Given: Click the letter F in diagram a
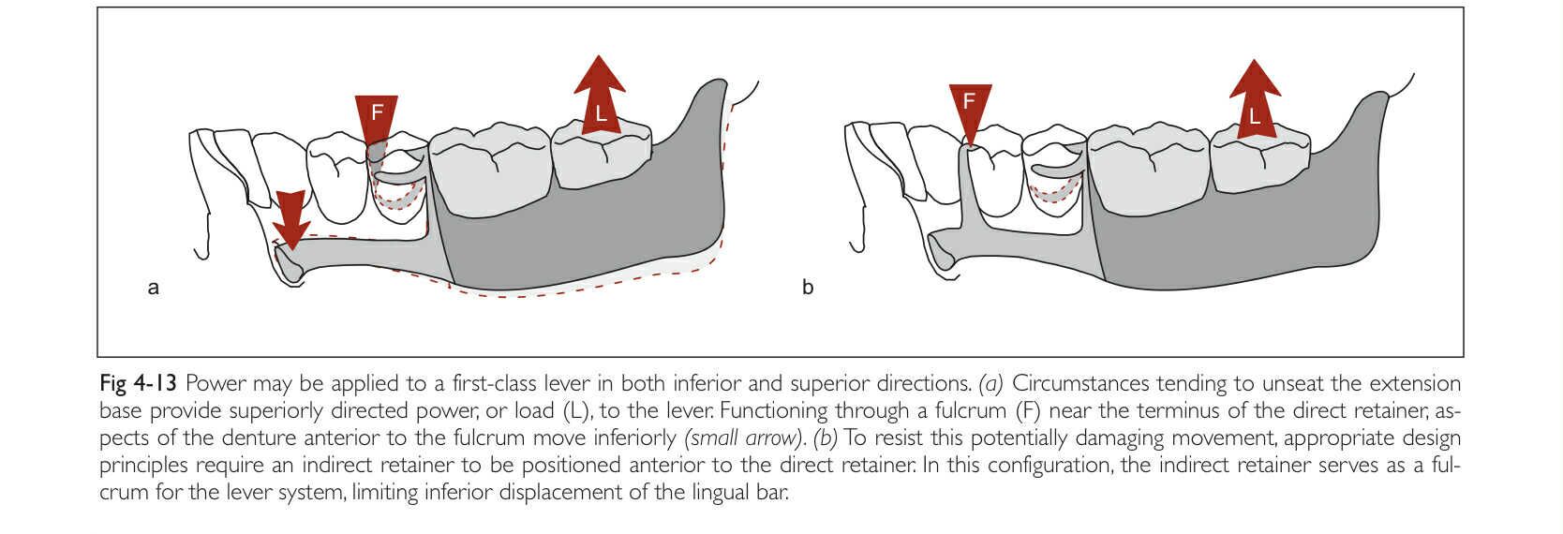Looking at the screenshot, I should click(x=377, y=112).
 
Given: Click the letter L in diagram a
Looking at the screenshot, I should click(x=601, y=116).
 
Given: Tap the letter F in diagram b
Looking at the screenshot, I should click(x=970, y=100).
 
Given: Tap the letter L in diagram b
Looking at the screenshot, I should click(x=1254, y=117).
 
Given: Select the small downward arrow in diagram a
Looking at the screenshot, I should click(x=291, y=219).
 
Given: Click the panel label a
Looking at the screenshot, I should click(x=154, y=288).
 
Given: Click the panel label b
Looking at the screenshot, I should click(x=808, y=288).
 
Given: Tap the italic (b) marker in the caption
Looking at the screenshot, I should click(x=825, y=438).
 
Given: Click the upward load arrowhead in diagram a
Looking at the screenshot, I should click(x=600, y=75).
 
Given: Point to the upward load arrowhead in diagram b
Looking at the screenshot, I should click(x=1255, y=78).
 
